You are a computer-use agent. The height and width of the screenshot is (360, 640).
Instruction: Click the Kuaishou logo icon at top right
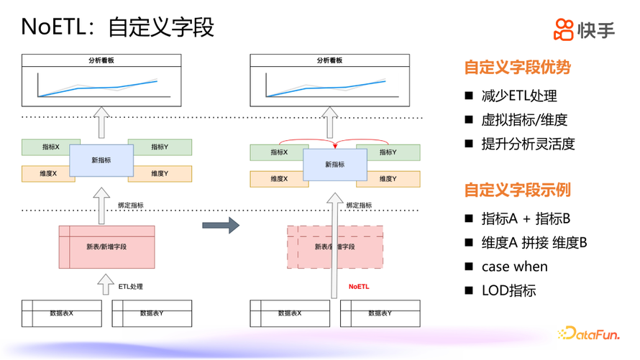tap(564, 29)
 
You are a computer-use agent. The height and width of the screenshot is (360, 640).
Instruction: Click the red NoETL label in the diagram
tap(358, 287)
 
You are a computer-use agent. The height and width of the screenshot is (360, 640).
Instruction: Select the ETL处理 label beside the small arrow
tap(131, 287)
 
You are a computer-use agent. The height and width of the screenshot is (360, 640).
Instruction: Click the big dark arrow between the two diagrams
tap(220, 226)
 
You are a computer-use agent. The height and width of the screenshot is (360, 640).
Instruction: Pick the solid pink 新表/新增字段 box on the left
tap(106, 246)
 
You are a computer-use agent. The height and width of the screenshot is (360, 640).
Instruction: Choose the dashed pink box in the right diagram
tap(334, 246)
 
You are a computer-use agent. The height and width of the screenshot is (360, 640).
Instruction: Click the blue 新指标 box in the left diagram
tap(101, 160)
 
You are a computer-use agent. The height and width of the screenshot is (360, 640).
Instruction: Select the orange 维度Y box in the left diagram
tap(160, 174)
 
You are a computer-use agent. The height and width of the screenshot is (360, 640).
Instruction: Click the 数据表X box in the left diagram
tap(61, 313)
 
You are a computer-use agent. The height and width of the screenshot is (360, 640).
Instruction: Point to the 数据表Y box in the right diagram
tap(380, 313)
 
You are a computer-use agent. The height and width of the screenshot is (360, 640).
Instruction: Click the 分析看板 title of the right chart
tap(329, 61)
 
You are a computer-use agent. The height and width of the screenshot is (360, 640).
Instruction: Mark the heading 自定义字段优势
tap(517, 68)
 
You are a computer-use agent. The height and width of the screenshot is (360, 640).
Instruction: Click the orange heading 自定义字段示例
tap(517, 190)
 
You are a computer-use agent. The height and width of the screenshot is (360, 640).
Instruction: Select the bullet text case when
tap(514, 267)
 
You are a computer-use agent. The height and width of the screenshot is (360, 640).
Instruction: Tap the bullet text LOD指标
tap(508, 290)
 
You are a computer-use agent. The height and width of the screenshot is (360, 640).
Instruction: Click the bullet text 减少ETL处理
tap(519, 96)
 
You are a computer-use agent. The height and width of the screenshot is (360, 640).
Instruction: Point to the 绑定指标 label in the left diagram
tap(130, 206)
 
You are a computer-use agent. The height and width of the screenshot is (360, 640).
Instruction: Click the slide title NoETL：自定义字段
tap(118, 27)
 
